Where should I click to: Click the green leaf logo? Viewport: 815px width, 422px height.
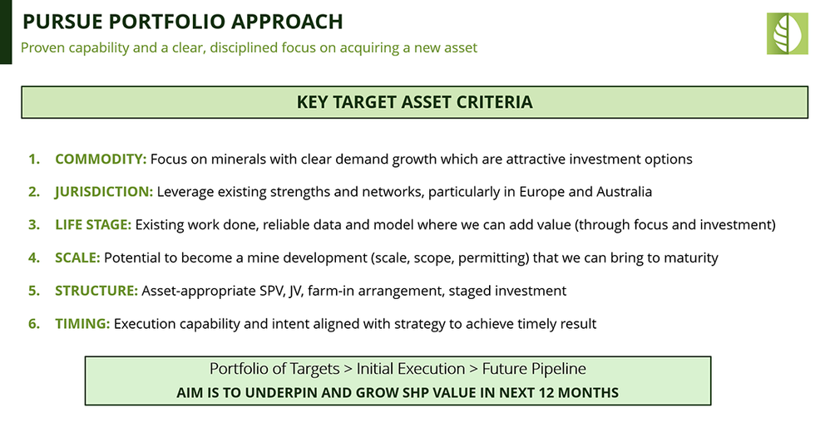(x=788, y=34)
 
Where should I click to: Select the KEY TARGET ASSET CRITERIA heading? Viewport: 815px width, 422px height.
(x=414, y=102)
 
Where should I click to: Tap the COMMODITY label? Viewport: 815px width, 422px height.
(x=101, y=159)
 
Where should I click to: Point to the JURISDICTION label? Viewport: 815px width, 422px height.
(x=104, y=192)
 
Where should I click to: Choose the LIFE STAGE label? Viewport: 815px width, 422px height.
(x=93, y=225)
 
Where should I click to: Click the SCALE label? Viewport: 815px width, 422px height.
(x=77, y=258)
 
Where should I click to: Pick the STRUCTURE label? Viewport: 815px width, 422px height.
(x=96, y=291)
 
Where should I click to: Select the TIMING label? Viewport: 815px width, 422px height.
(x=82, y=324)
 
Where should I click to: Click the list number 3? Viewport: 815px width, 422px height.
(x=34, y=225)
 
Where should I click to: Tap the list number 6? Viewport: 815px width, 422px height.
(x=34, y=324)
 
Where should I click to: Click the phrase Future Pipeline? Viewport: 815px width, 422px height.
(x=534, y=369)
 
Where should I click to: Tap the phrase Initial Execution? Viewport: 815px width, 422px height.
(x=411, y=369)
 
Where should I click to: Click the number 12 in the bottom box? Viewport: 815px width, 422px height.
(x=546, y=392)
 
